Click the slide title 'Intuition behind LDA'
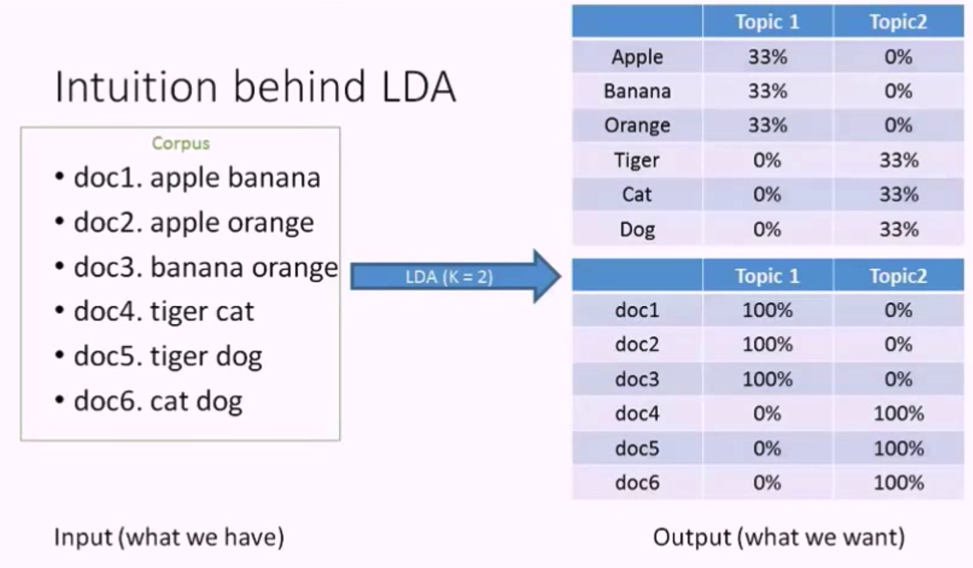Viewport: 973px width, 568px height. click(x=255, y=86)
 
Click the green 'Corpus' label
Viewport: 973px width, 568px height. click(x=181, y=143)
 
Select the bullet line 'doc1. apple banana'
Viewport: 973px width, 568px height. click(x=196, y=178)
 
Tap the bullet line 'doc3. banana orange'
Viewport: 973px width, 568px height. click(x=205, y=267)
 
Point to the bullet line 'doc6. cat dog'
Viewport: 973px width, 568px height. click(x=157, y=401)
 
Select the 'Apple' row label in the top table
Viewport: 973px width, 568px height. click(x=637, y=57)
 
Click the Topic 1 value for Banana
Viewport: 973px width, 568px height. click(x=767, y=91)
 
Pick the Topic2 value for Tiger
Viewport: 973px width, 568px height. click(x=898, y=160)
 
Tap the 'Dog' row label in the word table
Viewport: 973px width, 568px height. click(x=637, y=229)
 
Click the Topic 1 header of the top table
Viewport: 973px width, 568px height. click(x=767, y=22)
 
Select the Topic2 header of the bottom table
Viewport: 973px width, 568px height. click(x=898, y=276)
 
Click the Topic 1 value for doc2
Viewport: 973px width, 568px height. click(x=767, y=344)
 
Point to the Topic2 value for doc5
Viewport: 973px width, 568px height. click(x=898, y=448)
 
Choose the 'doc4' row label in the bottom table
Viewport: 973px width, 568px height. click(x=637, y=413)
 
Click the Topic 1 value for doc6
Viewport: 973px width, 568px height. click(x=767, y=483)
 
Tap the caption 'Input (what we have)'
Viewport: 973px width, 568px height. click(x=169, y=537)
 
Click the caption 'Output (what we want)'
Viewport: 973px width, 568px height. click(x=779, y=537)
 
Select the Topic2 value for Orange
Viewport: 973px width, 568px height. click(x=898, y=126)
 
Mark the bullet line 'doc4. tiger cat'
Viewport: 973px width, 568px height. click(x=163, y=311)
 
